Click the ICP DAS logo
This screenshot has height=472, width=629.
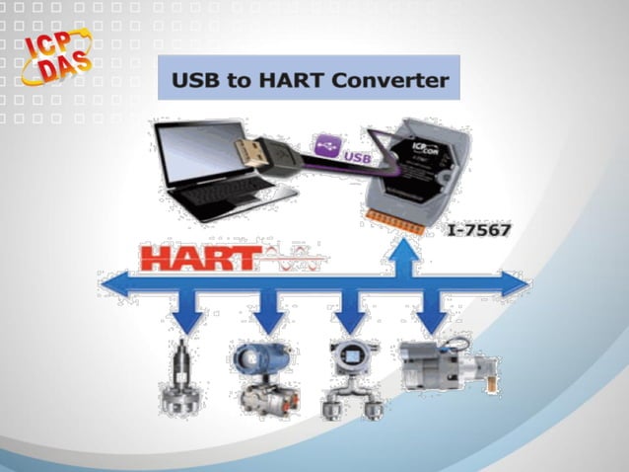tap(54, 58)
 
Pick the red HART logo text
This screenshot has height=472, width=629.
tap(196, 259)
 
